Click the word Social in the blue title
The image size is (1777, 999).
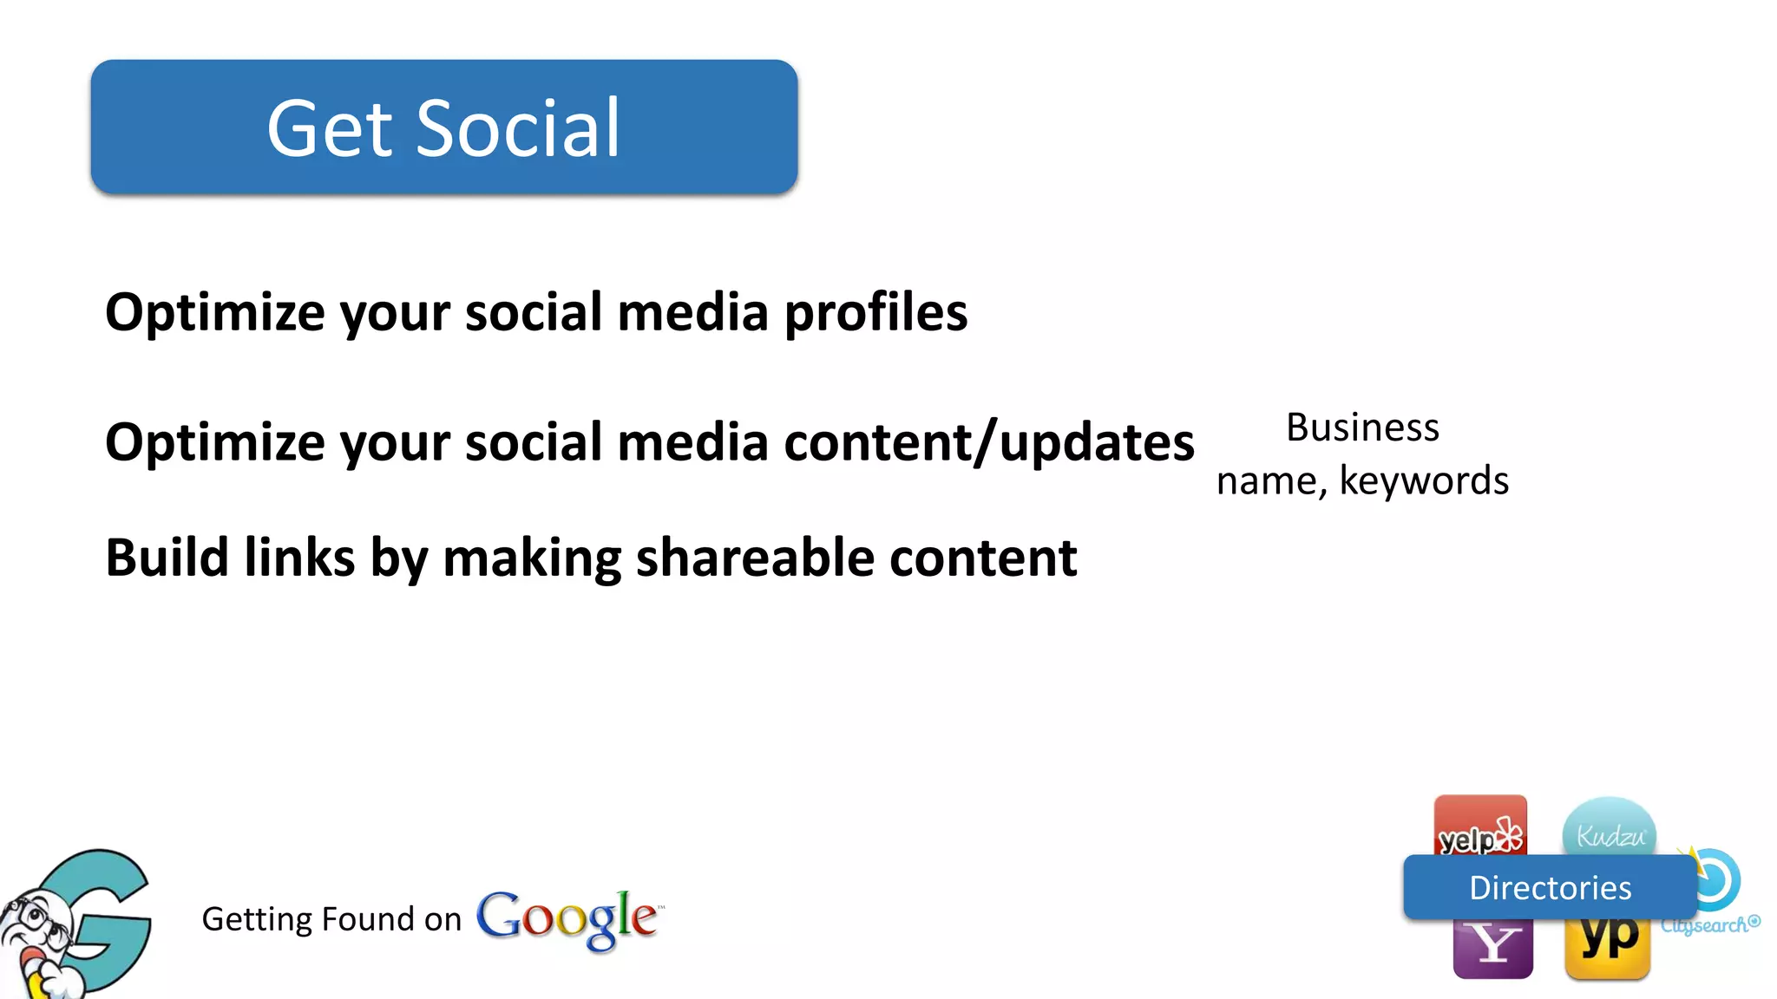tap(518, 129)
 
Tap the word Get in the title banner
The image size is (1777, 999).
tap(330, 129)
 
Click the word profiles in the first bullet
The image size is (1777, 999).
tap(875, 312)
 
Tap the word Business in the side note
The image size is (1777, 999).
tap(1362, 428)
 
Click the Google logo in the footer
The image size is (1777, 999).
tap(568, 917)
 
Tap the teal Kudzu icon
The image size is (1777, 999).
tap(1610, 828)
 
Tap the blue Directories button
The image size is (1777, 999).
tap(1550, 888)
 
